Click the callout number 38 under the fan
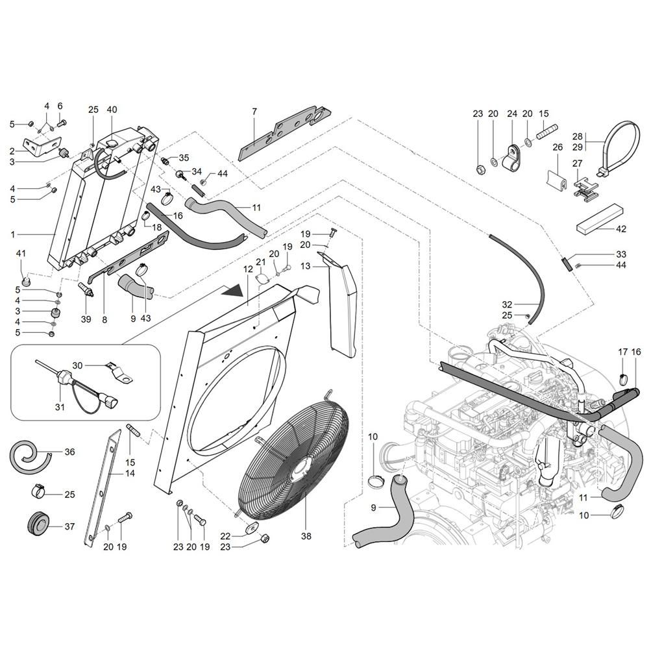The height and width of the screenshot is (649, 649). pyautogui.click(x=306, y=536)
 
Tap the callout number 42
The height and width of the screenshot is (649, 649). pyautogui.click(x=621, y=229)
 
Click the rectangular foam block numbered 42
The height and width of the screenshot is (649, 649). pyautogui.click(x=599, y=217)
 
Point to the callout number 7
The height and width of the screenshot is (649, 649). pyautogui.click(x=254, y=112)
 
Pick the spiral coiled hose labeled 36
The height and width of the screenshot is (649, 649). pyautogui.click(x=29, y=456)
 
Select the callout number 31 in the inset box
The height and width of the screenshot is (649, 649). pyautogui.click(x=60, y=407)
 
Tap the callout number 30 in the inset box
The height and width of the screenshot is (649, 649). pyautogui.click(x=77, y=365)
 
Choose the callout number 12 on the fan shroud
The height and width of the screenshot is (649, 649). pyautogui.click(x=247, y=269)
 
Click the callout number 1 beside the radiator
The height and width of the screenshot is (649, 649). pyautogui.click(x=13, y=235)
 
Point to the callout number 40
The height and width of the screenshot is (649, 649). pyautogui.click(x=112, y=110)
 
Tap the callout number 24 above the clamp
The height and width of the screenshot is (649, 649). pyautogui.click(x=512, y=114)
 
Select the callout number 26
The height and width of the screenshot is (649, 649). pyautogui.click(x=557, y=147)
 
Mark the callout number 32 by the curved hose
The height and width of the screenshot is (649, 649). pyautogui.click(x=507, y=304)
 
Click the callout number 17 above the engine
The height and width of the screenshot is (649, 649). pyautogui.click(x=623, y=352)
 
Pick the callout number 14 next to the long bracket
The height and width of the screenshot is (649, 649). pyautogui.click(x=130, y=473)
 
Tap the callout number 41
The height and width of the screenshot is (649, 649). pyautogui.click(x=21, y=253)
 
